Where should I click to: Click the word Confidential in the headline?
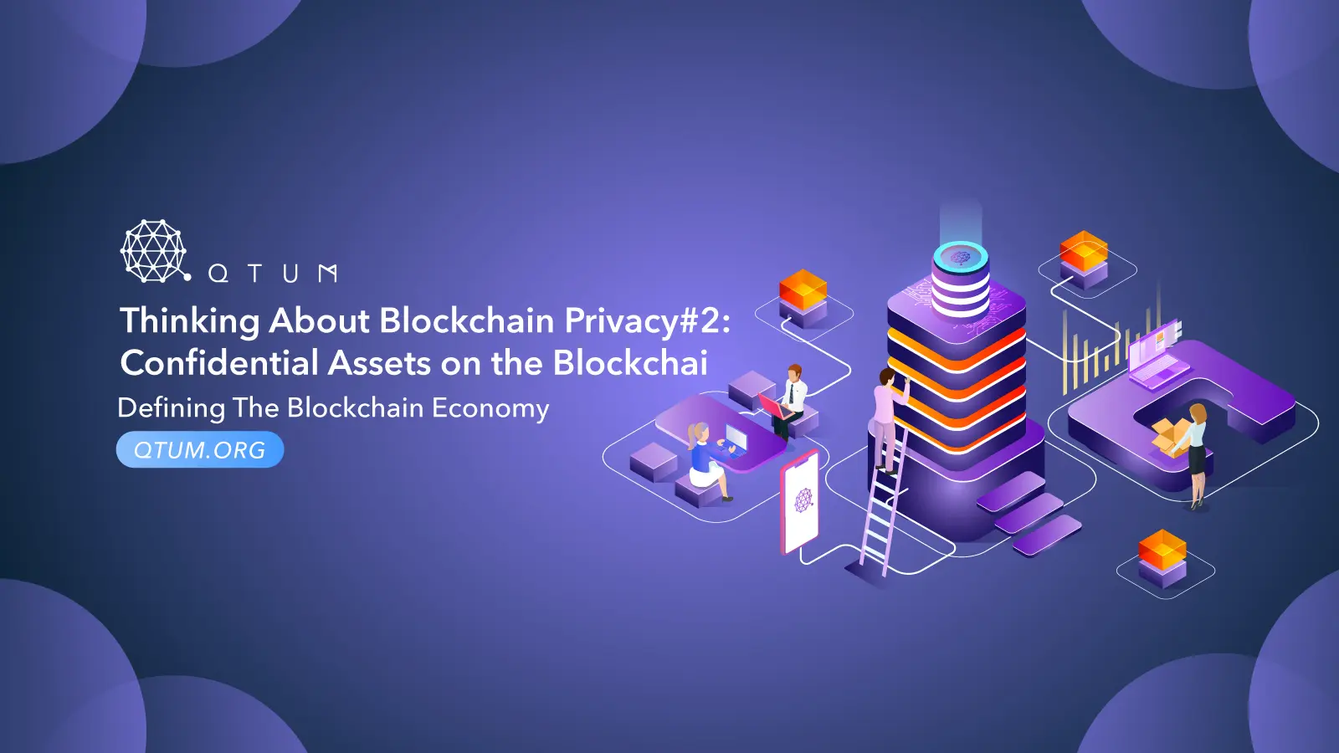pyautogui.click(x=219, y=363)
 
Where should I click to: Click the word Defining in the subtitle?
pyautogui.click(x=172, y=408)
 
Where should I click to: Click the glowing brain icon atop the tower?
pyautogui.click(x=961, y=256)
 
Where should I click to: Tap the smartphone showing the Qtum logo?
pyautogui.click(x=801, y=502)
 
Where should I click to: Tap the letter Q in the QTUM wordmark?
pyautogui.click(x=218, y=274)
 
